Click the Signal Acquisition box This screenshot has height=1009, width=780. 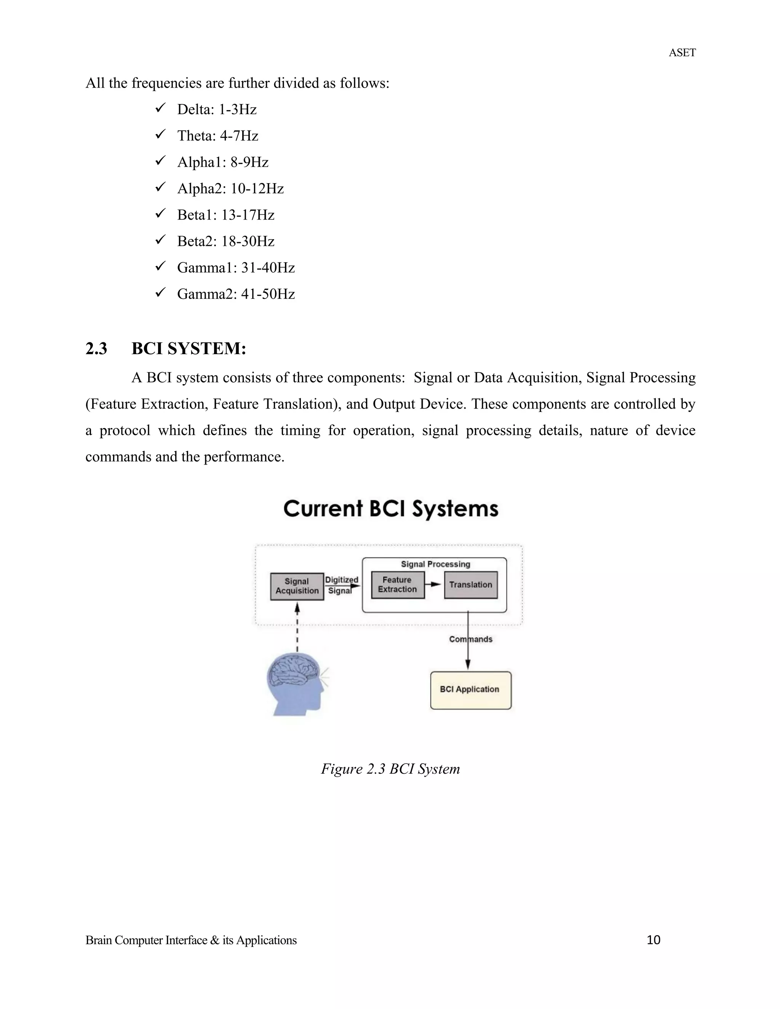297,586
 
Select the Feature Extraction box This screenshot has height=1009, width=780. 397,585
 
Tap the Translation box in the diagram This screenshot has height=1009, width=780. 470,585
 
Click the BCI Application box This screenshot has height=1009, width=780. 470,690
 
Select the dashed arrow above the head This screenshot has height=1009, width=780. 297,628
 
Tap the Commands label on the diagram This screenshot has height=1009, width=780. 470,639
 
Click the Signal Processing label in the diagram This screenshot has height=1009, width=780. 435,564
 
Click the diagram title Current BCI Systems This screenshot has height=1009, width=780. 390,509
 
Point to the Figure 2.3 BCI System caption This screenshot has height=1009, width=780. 390,769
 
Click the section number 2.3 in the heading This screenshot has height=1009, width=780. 96,349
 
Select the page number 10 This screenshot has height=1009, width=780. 654,940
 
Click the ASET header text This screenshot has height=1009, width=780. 682,53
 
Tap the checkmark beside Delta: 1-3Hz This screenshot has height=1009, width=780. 160,109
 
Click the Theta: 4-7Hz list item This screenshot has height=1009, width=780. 217,136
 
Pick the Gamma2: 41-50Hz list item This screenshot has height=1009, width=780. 236,294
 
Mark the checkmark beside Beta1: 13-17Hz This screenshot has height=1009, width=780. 160,214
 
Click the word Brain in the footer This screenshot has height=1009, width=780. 98,940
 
